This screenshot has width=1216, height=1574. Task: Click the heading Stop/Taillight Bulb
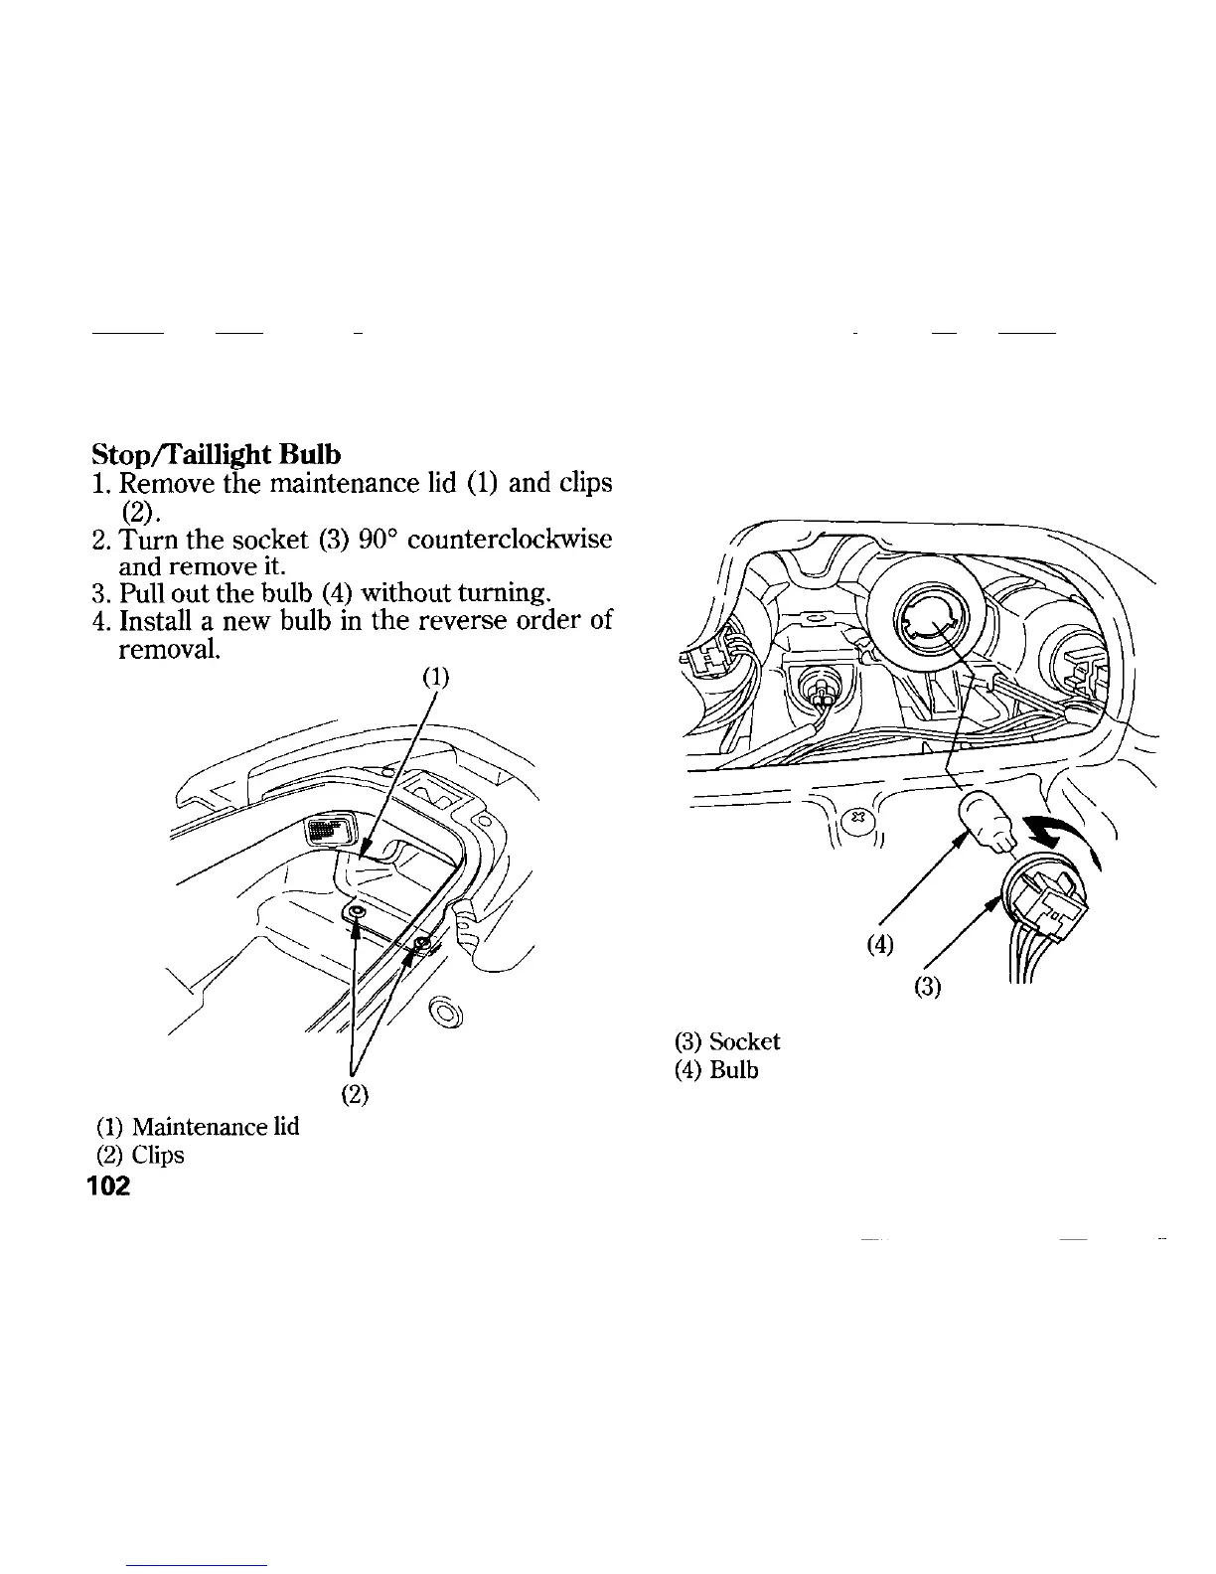pyautogui.click(x=216, y=454)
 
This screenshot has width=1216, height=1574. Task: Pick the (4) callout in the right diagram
pyautogui.click(x=879, y=945)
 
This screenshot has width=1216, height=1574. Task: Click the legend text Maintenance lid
pyautogui.click(x=215, y=1127)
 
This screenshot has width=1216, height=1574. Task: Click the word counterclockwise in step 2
pyautogui.click(x=510, y=541)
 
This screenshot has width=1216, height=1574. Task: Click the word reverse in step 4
pyautogui.click(x=480, y=622)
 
